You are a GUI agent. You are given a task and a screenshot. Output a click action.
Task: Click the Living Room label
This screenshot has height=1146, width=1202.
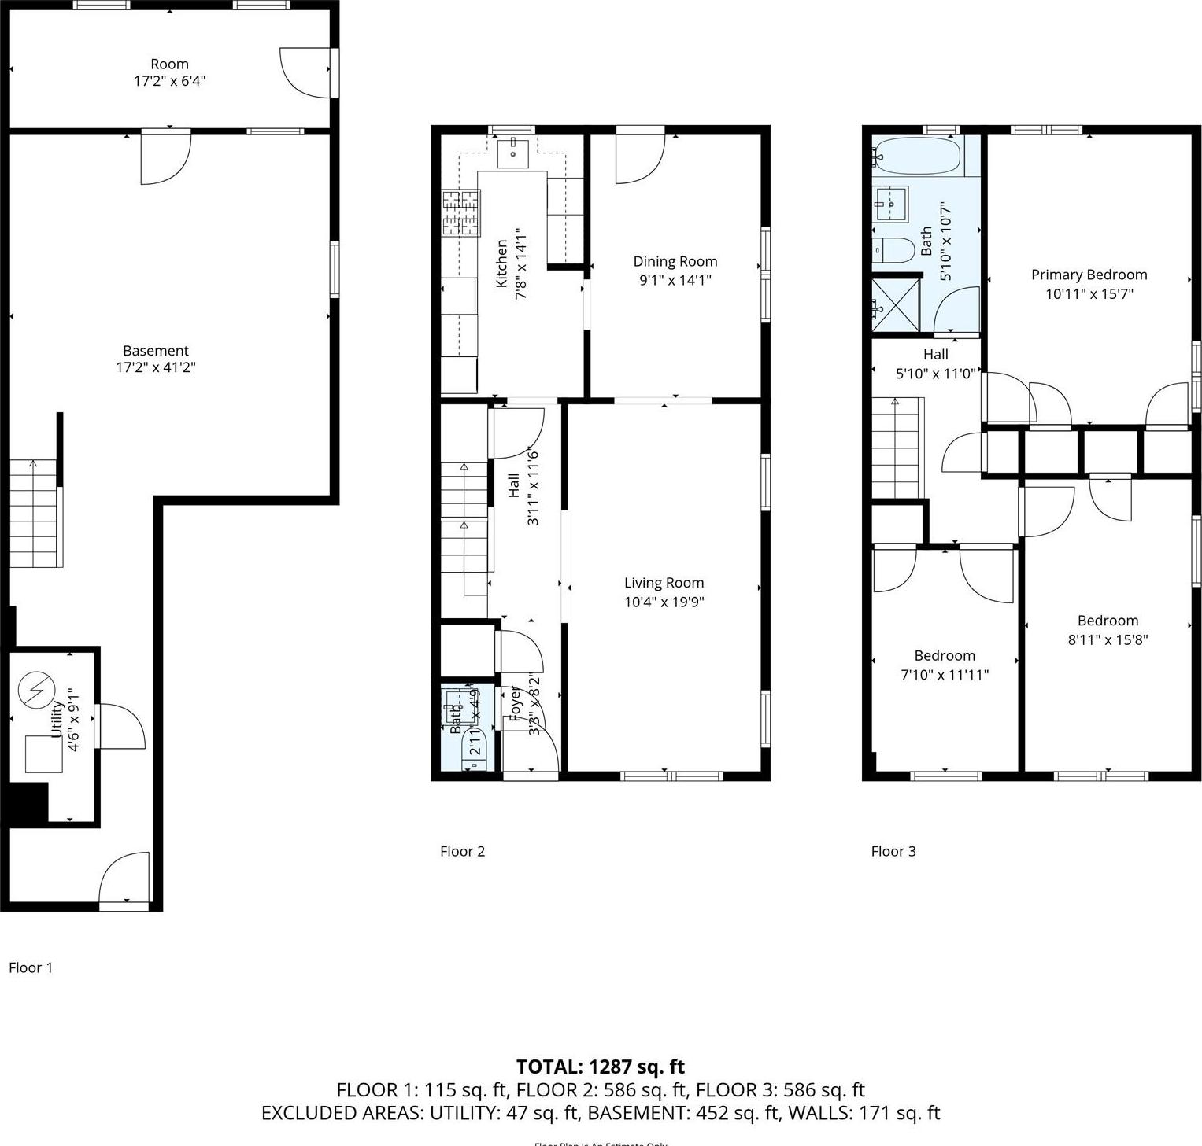click(x=664, y=583)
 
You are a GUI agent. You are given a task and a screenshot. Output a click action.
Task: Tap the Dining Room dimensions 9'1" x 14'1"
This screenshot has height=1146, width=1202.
click(x=675, y=280)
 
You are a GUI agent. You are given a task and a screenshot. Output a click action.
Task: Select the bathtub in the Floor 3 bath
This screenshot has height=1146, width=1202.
click(x=918, y=156)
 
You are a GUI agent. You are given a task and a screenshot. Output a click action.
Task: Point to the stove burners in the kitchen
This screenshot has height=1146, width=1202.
click(x=461, y=213)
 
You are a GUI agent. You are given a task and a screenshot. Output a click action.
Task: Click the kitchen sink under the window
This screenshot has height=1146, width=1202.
click(x=513, y=151)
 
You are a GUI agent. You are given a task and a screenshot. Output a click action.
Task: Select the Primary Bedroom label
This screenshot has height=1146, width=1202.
click(x=1089, y=275)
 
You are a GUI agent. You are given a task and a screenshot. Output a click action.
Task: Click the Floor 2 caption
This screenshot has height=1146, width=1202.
click(x=462, y=851)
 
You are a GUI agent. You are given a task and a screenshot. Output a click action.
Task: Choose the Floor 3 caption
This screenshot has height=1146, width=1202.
click(x=893, y=851)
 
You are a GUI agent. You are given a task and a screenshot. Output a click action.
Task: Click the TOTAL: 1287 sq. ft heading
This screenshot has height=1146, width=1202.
click(x=600, y=1067)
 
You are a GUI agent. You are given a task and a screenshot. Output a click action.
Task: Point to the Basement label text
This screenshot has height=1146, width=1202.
click(x=156, y=351)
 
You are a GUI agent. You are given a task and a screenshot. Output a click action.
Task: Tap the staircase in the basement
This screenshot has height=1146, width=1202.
click(x=35, y=513)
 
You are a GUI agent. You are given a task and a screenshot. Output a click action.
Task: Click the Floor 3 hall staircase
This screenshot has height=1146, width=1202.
click(x=895, y=447)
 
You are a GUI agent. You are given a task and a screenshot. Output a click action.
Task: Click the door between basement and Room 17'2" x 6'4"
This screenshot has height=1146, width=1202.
click(x=165, y=157)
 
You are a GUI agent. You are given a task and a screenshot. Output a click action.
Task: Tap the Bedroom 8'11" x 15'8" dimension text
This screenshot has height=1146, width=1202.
click(x=1108, y=639)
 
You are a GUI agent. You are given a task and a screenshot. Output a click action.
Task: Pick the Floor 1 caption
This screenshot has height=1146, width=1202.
click(x=31, y=967)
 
